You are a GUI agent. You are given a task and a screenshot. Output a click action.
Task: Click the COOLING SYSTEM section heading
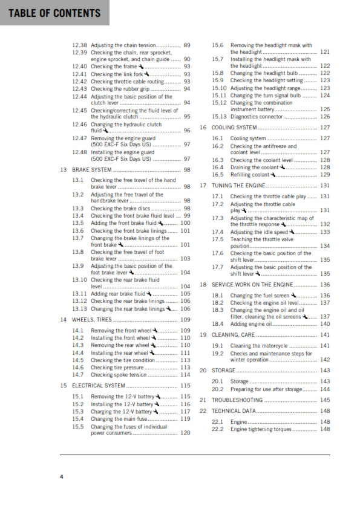pos(234,128)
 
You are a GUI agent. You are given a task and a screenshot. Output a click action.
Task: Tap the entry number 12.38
pos(79,45)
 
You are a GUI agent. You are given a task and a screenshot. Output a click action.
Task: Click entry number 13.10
pos(80,279)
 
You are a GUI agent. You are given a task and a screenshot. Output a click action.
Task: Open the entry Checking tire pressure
pos(117,367)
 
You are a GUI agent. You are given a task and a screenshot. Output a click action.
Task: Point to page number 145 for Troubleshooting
pos(325,400)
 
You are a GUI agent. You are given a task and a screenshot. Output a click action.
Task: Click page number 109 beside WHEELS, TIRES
pos(185,319)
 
